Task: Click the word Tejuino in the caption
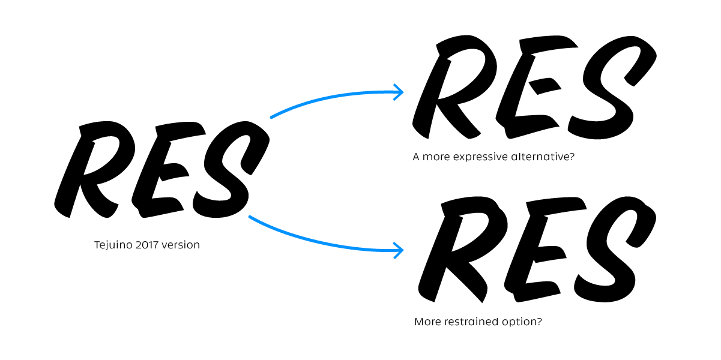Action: click(x=113, y=245)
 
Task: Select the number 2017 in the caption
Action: click(x=147, y=245)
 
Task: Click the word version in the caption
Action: click(x=181, y=245)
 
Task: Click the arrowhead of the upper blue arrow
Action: click(x=399, y=92)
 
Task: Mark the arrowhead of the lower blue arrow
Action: click(x=399, y=250)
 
